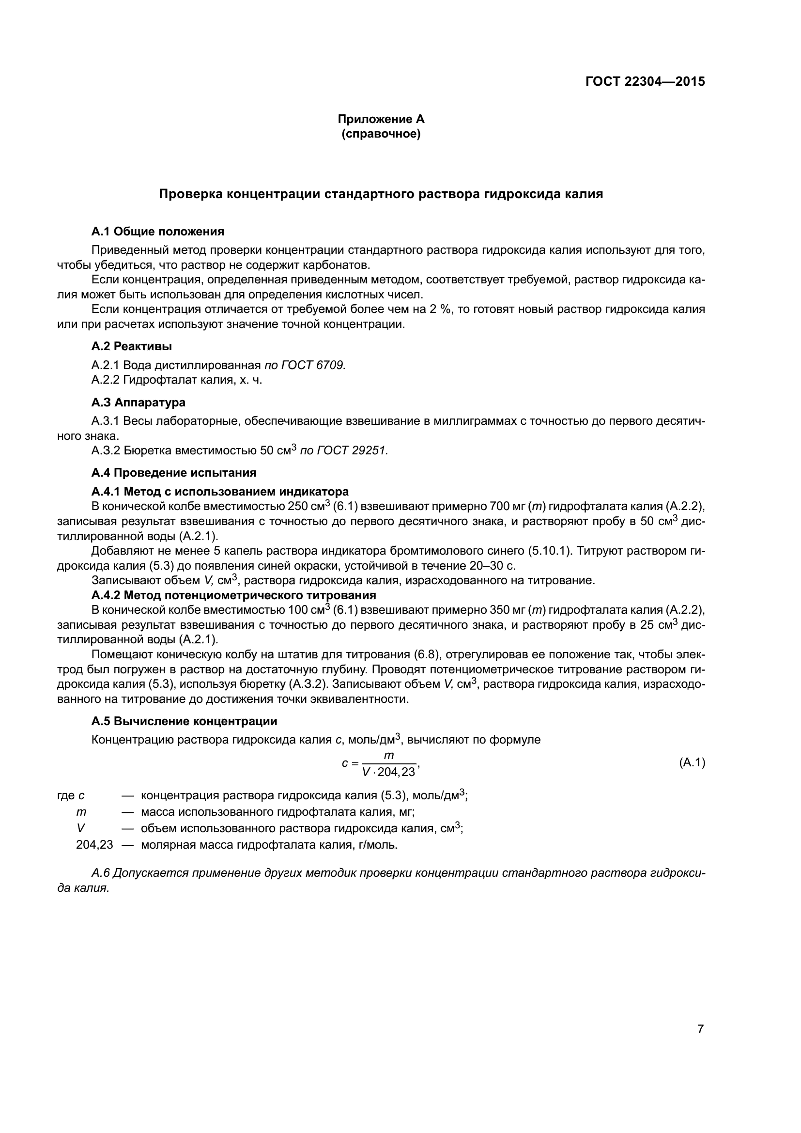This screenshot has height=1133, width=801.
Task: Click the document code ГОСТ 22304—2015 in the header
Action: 645,81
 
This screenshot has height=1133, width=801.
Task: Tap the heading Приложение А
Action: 381,119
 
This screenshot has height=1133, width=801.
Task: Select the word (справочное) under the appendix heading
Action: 381,134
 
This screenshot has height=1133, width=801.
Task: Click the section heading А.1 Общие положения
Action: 158,232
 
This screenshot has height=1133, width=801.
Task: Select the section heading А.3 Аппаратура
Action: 139,402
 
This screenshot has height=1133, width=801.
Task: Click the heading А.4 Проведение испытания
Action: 174,472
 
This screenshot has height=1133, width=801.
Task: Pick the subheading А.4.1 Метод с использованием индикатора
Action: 220,491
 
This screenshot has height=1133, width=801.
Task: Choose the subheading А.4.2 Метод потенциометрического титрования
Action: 234,595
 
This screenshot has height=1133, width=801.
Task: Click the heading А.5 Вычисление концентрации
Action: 185,721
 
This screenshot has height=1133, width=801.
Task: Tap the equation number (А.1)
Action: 692,762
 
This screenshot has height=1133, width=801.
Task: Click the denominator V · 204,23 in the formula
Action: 389,772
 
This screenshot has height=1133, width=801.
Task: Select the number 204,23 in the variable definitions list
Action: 94,845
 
